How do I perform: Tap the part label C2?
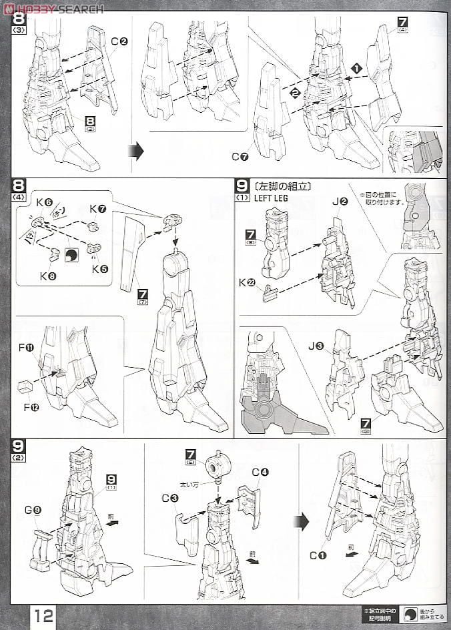(x=119, y=41)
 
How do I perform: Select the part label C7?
(x=240, y=157)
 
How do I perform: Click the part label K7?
(x=99, y=210)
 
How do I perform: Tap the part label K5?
(x=100, y=268)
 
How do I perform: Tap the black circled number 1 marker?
(x=357, y=69)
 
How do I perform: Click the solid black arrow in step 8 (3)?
(x=135, y=151)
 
